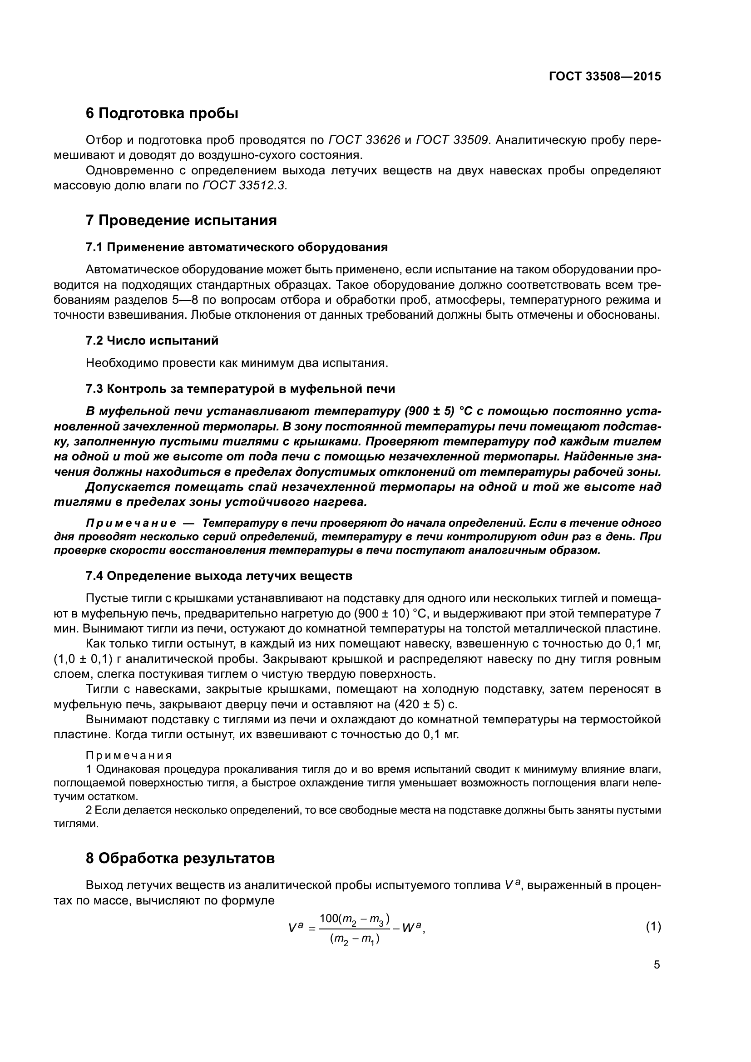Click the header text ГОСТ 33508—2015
[x=605, y=77]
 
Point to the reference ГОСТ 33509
[x=452, y=140]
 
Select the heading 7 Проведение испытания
[x=181, y=220]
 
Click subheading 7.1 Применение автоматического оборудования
[x=237, y=247]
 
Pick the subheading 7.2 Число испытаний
[x=152, y=341]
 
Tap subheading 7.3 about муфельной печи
[x=241, y=389]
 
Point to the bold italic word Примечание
[x=131, y=523]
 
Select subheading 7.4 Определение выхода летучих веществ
[x=219, y=576]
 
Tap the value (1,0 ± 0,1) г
[x=83, y=659]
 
